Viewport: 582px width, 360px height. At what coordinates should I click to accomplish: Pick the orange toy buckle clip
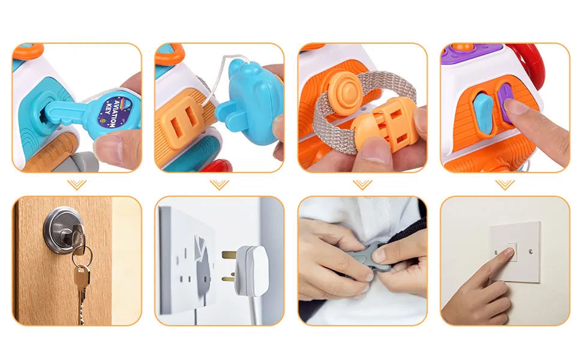(x=386, y=126)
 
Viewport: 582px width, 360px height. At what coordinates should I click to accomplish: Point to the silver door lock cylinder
(x=64, y=230)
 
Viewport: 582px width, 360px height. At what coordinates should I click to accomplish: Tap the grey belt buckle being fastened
(x=367, y=257)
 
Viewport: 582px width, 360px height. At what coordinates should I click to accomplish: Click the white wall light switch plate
(x=515, y=252)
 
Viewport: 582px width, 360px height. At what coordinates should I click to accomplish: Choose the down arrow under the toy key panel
(x=77, y=184)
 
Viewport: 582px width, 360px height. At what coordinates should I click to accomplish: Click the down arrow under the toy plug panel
(x=220, y=184)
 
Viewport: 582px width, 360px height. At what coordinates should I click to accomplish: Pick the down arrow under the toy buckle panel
(x=362, y=184)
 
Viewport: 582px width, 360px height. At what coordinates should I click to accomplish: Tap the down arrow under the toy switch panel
(x=505, y=184)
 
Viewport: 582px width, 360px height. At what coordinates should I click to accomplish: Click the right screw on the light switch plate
(x=531, y=251)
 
